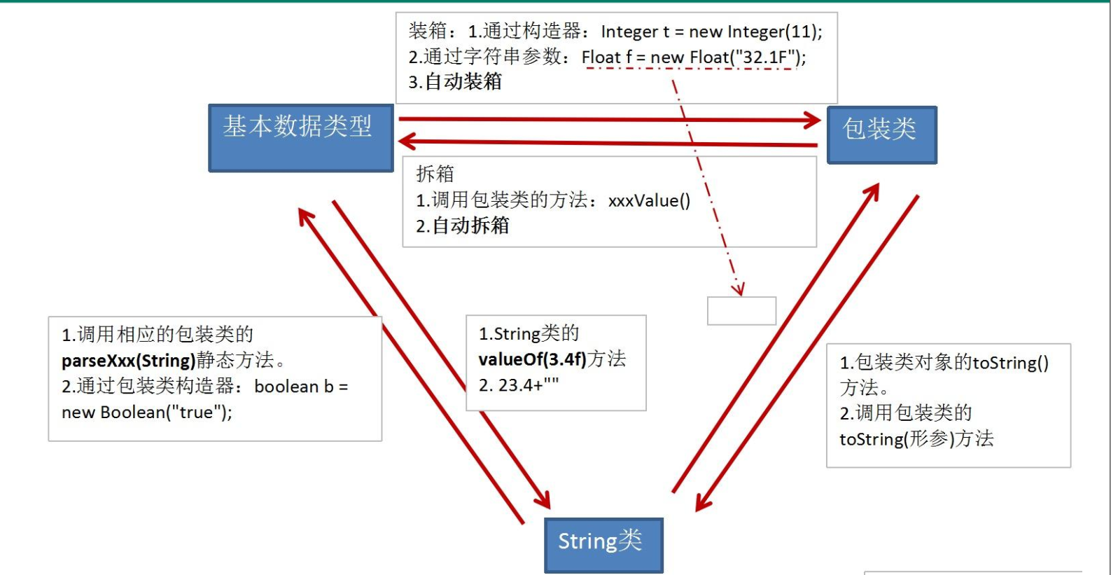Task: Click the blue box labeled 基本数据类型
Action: click(x=301, y=137)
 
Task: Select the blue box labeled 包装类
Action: click(x=881, y=134)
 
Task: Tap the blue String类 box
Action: click(x=603, y=544)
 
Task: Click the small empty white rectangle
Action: click(x=741, y=311)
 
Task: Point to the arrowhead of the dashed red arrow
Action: click(x=738, y=289)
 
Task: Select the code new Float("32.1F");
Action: click(x=728, y=57)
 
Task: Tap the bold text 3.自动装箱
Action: click(x=455, y=82)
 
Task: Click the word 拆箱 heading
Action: click(x=435, y=174)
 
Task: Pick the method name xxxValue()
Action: click(x=649, y=201)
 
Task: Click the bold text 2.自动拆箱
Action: click(x=462, y=226)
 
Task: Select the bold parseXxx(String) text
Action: click(x=128, y=361)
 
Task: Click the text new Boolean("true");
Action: click(x=147, y=413)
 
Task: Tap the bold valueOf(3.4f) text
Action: click(x=532, y=359)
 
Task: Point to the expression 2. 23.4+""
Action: click(x=519, y=385)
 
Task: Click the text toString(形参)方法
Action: click(x=916, y=439)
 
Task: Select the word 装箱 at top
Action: click(x=428, y=31)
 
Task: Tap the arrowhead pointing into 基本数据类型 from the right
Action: click(x=406, y=142)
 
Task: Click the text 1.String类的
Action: click(x=529, y=333)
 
